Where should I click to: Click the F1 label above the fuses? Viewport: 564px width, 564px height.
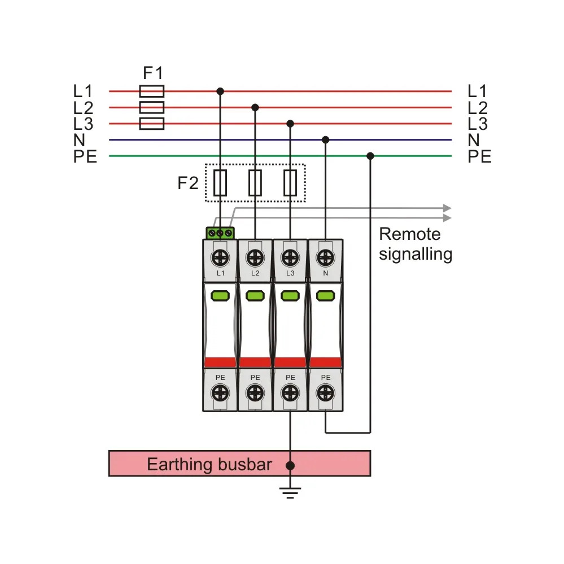click(x=153, y=73)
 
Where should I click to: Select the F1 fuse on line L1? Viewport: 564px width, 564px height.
click(x=152, y=91)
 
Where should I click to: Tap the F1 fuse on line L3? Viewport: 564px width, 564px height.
click(x=152, y=124)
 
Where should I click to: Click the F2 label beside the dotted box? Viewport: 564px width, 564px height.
click(x=188, y=183)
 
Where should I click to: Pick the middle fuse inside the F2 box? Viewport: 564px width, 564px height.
click(x=255, y=183)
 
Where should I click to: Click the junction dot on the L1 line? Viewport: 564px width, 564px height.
click(x=220, y=91)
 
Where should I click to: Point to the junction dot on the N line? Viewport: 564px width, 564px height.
click(x=326, y=139)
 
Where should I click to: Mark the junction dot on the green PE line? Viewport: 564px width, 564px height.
click(x=370, y=156)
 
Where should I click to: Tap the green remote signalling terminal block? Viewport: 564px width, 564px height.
click(x=220, y=233)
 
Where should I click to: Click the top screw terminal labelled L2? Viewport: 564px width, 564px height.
click(x=255, y=257)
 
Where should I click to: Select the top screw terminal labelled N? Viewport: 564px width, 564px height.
click(x=326, y=257)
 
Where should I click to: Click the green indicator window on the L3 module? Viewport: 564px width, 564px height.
click(x=290, y=296)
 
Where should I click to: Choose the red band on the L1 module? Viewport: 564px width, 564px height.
click(x=220, y=362)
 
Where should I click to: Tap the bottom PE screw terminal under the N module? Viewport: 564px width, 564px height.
click(x=326, y=393)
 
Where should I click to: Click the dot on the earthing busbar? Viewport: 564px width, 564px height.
click(x=290, y=466)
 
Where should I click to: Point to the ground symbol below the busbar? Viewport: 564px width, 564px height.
click(x=290, y=492)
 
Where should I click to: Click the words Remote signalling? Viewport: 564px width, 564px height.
click(x=416, y=244)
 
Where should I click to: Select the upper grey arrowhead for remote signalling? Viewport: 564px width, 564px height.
click(x=447, y=208)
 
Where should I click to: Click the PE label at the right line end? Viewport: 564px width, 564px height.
click(x=479, y=156)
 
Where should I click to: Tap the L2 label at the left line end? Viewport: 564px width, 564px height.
click(x=83, y=108)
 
